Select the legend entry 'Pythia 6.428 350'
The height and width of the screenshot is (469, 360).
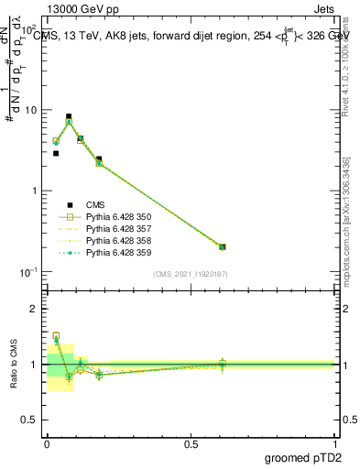[111, 217]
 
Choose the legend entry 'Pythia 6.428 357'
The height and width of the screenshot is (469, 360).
[111, 229]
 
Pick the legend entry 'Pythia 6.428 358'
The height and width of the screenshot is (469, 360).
[111, 240]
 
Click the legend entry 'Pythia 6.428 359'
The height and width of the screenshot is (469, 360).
[111, 252]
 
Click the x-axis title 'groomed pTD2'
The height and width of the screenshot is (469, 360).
[302, 458]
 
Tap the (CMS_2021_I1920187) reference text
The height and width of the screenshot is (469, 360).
[190, 274]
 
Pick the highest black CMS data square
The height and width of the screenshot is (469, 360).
[69, 117]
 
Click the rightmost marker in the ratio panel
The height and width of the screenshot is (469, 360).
[223, 364]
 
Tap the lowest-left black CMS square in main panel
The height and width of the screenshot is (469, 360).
[56, 153]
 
